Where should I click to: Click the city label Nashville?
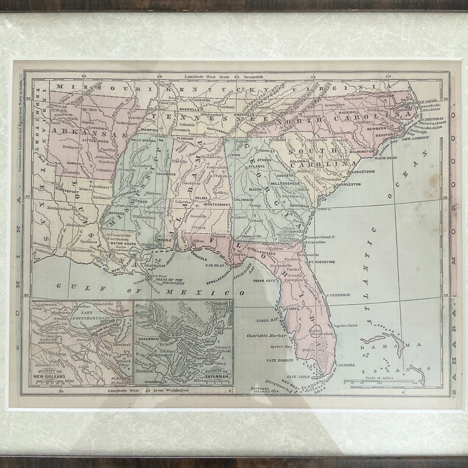(x=189, y=110)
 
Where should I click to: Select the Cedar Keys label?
(x=263, y=281)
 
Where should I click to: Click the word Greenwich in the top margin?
(x=252, y=77)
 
